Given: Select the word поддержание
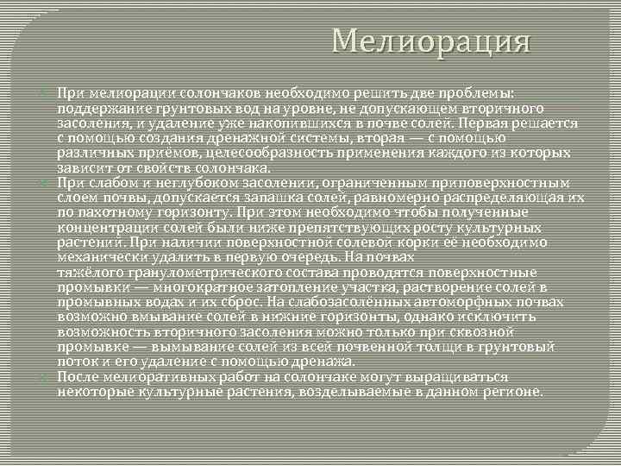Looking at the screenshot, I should click(x=97, y=108).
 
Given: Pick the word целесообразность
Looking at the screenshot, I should click(x=240, y=152).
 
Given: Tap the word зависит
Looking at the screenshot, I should click(x=81, y=167).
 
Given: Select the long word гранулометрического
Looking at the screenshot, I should click(x=189, y=272).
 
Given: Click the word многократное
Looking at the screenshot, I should click(x=191, y=287).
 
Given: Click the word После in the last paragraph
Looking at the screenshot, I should click(x=77, y=377).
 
